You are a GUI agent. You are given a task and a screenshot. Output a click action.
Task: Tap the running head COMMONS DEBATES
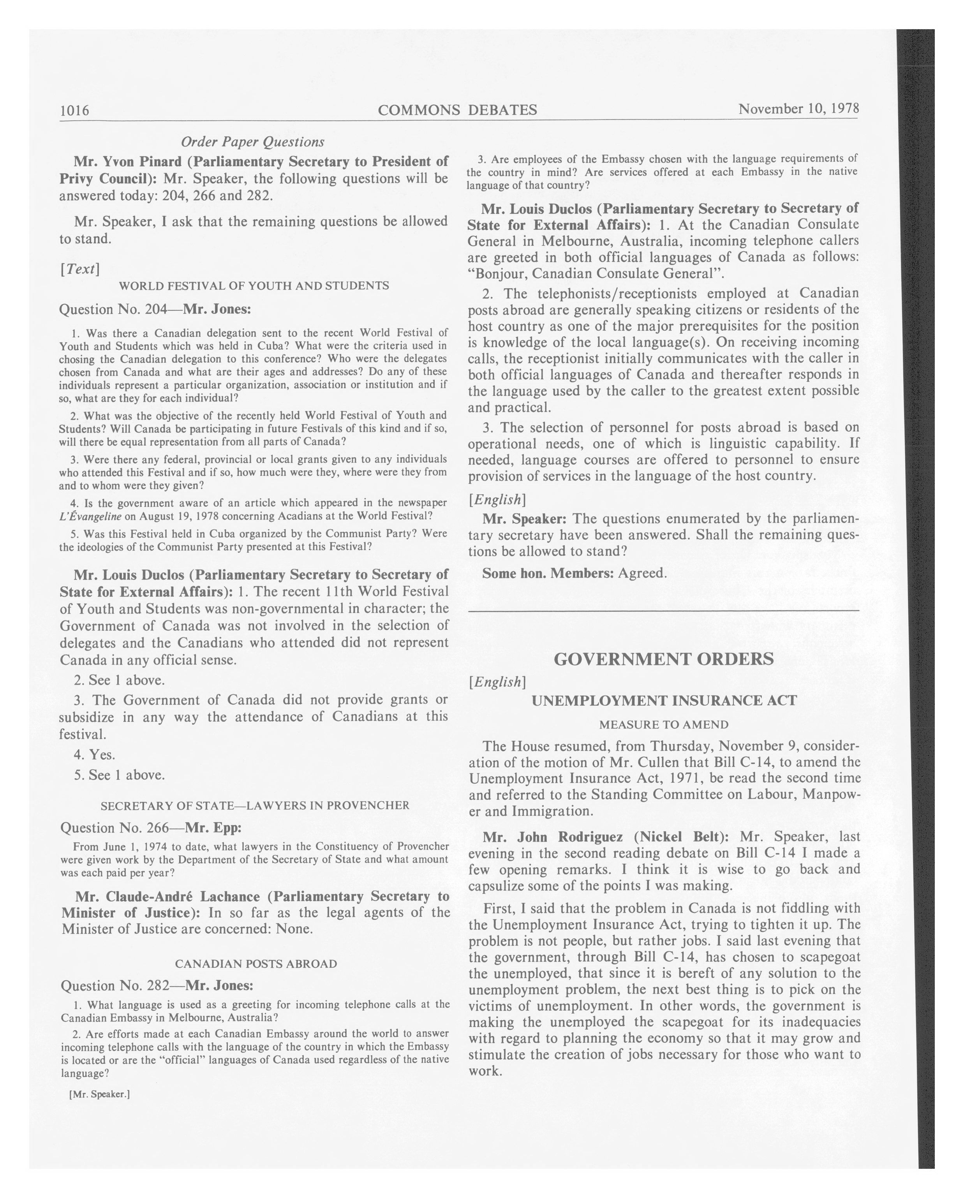(x=457, y=110)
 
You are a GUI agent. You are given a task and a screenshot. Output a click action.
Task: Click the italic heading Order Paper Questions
(x=253, y=142)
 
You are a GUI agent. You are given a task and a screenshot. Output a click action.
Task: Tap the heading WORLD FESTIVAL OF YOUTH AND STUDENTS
(x=254, y=285)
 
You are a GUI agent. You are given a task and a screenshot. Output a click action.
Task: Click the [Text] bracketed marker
(x=79, y=269)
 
